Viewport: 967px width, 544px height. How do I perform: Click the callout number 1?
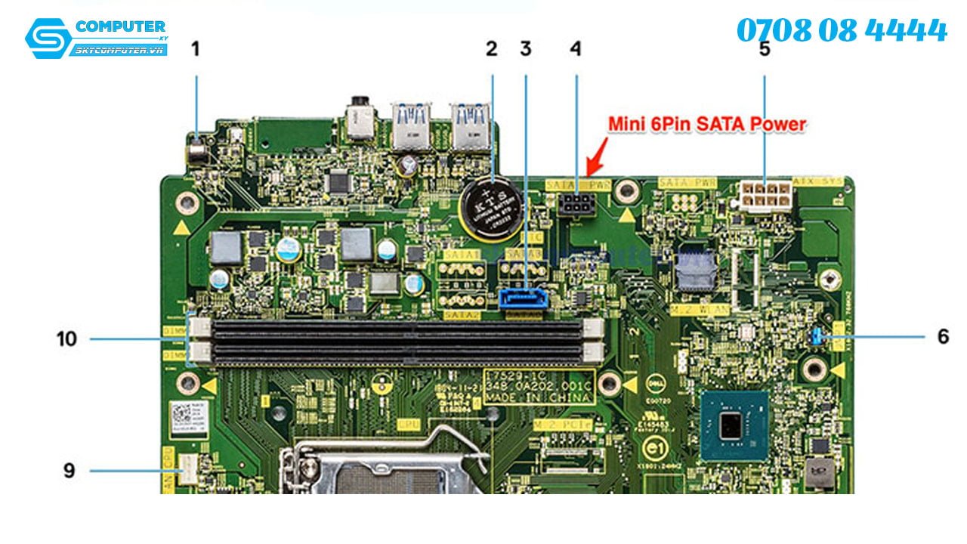pyautogui.click(x=196, y=50)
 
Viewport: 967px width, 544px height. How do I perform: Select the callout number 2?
pyautogui.click(x=492, y=50)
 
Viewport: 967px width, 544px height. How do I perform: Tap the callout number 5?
pyautogui.click(x=765, y=50)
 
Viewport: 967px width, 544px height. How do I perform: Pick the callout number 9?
pyautogui.click(x=70, y=471)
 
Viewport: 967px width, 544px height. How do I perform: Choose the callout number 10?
pyautogui.click(x=67, y=338)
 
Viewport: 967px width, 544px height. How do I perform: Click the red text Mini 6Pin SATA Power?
pyautogui.click(x=708, y=124)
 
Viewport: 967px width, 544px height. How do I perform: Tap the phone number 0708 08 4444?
pyautogui.click(x=841, y=31)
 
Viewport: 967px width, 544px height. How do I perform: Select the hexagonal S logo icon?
pyautogui.click(x=48, y=38)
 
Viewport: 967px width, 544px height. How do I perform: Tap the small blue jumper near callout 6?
pyautogui.click(x=817, y=337)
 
